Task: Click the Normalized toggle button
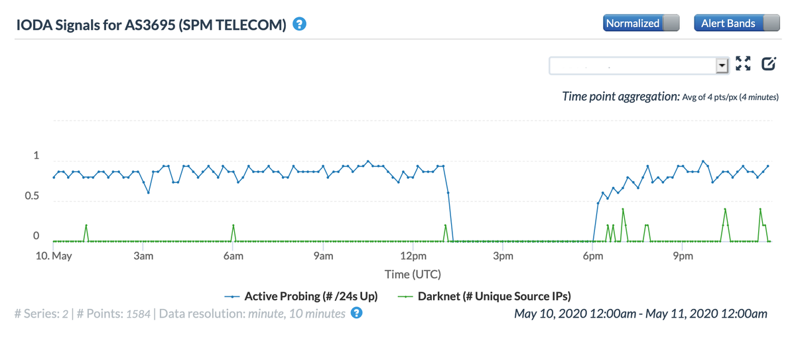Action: click(x=641, y=23)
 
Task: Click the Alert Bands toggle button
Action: click(x=736, y=23)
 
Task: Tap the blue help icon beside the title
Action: click(x=300, y=25)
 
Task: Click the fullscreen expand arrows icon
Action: click(x=743, y=64)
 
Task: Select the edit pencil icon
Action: click(x=769, y=64)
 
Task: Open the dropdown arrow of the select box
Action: click(x=722, y=66)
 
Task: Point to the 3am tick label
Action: click(x=143, y=256)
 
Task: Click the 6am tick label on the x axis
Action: click(x=233, y=256)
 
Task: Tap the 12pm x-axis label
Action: click(x=413, y=256)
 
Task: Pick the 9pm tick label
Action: click(x=683, y=256)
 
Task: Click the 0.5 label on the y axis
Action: click(x=32, y=197)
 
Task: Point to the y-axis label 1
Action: click(x=36, y=157)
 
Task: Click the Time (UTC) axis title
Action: click(x=413, y=274)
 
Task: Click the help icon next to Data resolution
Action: click(x=357, y=313)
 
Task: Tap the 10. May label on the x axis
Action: click(x=53, y=256)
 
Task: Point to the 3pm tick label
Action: click(x=503, y=256)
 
